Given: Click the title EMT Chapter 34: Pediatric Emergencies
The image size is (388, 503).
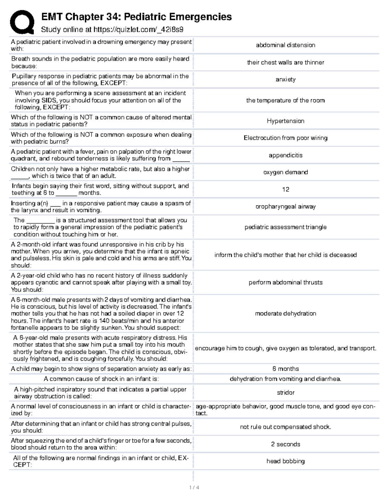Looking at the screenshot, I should (136, 17).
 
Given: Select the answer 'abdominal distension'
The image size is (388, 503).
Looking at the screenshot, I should (286, 45).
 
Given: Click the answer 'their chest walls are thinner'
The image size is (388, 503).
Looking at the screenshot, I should (286, 62).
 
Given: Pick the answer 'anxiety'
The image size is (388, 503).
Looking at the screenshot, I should (286, 79).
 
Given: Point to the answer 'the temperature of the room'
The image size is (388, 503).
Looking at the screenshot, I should (286, 100).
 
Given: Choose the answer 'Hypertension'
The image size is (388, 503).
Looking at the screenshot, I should (286, 121).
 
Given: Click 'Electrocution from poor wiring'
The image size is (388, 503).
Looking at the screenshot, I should (286, 138).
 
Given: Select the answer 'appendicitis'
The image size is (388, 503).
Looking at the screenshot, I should (286, 155).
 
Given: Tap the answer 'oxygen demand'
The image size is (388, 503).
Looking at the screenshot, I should (286, 172).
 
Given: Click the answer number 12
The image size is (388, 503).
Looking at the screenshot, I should (286, 189).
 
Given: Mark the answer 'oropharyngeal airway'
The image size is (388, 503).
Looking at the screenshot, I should (286, 207).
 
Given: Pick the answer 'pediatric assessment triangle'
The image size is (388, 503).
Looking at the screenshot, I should (286, 227).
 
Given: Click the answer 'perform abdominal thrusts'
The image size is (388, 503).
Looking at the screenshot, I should (286, 282).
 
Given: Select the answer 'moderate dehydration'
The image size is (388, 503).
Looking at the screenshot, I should (286, 314).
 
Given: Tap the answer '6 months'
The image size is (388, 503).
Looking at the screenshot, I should (286, 369).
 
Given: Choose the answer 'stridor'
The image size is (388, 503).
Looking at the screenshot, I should (286, 393).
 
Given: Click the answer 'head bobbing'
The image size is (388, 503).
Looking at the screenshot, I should (286, 461).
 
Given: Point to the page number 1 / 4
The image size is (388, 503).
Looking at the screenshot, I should (194, 487).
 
